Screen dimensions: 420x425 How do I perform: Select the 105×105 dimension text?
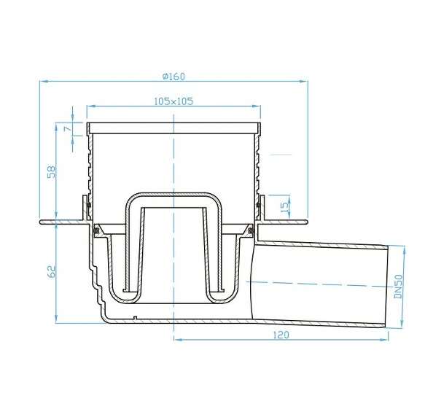(x=173, y=101)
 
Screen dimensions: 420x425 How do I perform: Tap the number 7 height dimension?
(x=66, y=128)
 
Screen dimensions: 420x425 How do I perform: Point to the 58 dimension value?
(x=50, y=172)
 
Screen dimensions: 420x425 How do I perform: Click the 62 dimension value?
(x=50, y=271)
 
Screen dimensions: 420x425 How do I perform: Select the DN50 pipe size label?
(x=398, y=286)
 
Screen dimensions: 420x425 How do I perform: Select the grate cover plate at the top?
(x=173, y=127)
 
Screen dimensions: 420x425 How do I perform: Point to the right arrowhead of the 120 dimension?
(x=386, y=339)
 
